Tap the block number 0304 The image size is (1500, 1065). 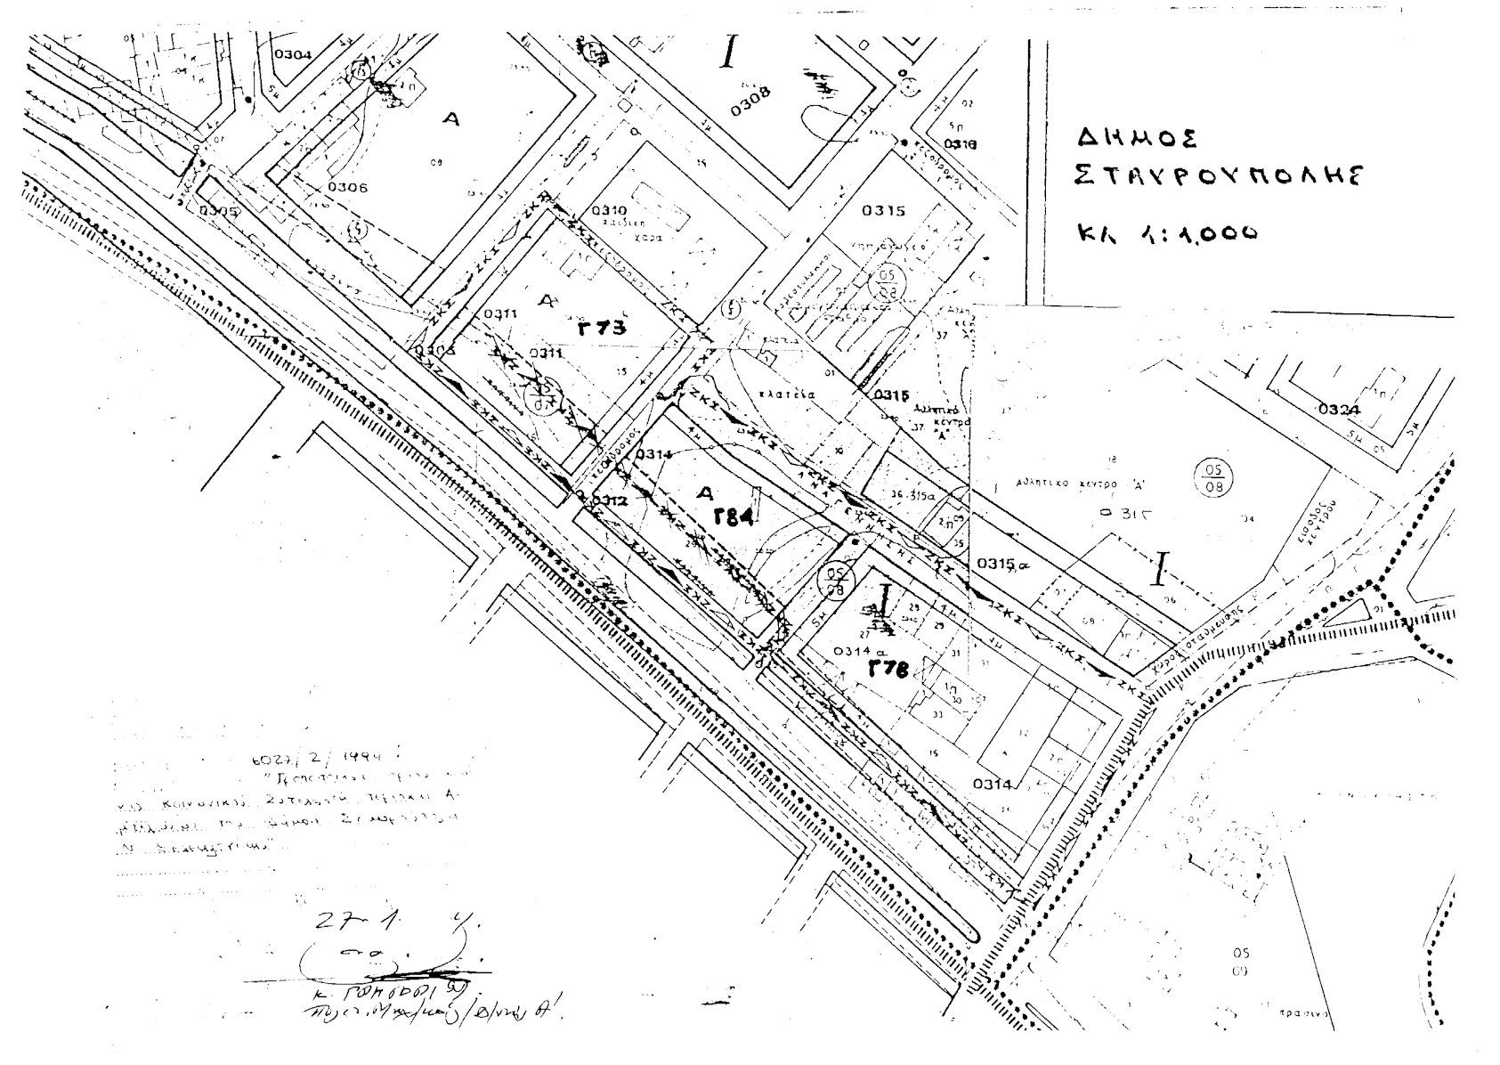[x=293, y=54]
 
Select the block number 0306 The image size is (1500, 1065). [x=347, y=187]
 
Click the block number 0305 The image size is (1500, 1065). [x=219, y=211]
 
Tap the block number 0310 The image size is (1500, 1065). [x=610, y=211]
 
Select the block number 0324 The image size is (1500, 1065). [x=1339, y=411]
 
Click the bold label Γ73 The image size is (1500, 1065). [x=602, y=328]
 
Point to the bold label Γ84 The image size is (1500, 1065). [x=734, y=517]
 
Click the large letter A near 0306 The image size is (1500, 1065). [x=451, y=118]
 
